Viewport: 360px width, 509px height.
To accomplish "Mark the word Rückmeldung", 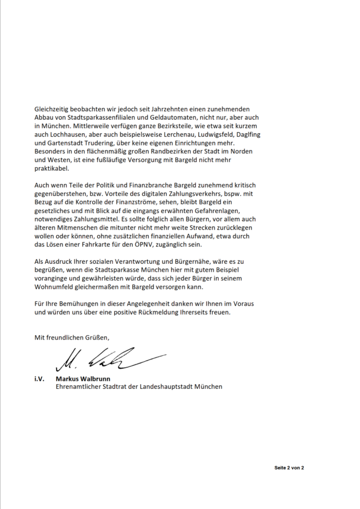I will point(166,314).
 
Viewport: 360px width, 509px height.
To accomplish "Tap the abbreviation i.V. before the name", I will point(40,378).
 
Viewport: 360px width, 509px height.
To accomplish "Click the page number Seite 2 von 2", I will point(289,468).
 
